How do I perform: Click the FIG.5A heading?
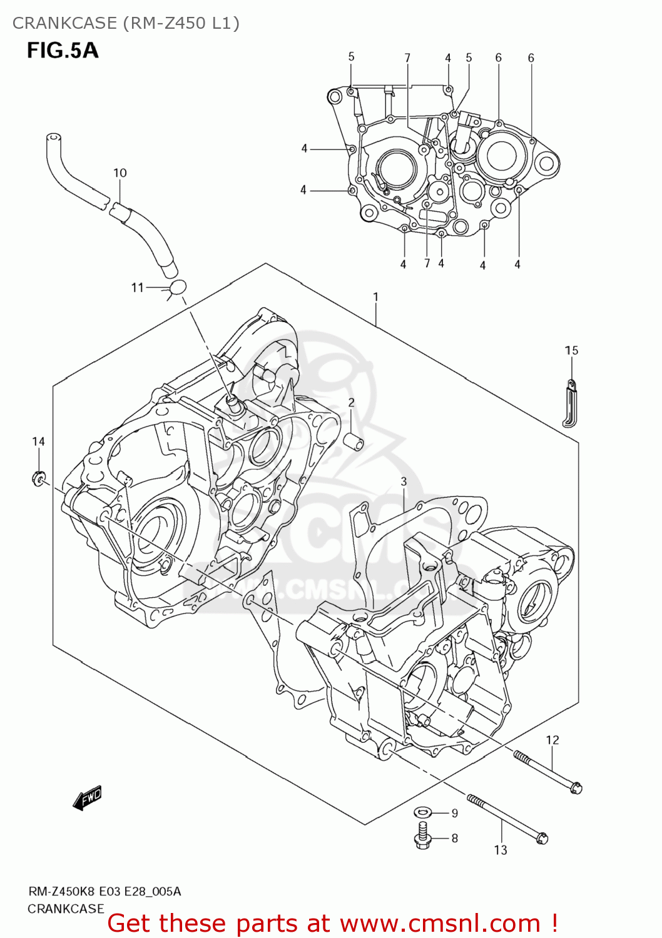63,50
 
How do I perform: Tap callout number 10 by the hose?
120,173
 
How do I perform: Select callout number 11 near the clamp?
138,288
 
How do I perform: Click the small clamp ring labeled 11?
178,288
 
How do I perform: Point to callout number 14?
38,441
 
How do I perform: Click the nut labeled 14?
38,480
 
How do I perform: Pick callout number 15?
571,350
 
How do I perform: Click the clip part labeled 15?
570,403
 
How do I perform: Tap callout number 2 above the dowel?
351,402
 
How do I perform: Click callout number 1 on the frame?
375,296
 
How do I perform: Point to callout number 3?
404,481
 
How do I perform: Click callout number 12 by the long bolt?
552,740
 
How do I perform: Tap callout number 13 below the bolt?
501,850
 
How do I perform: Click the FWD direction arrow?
87,799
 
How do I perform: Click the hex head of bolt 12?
576,788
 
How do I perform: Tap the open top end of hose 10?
54,137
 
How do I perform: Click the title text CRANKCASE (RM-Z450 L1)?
126,23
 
